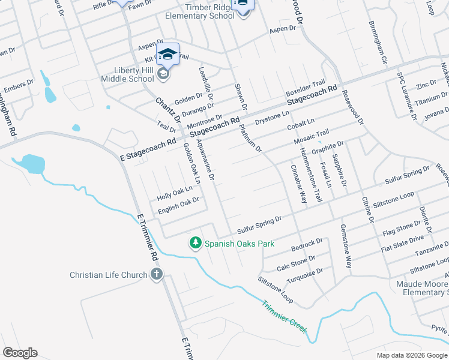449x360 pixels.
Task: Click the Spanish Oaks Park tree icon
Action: pyautogui.click(x=195, y=243)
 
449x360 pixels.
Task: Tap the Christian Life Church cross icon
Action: pyautogui.click(x=156, y=275)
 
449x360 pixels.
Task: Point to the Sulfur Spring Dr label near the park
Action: pyautogui.click(x=259, y=225)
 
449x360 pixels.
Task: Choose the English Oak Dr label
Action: pyautogui.click(x=178, y=206)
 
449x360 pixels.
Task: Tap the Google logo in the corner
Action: pyautogui.click(x=20, y=353)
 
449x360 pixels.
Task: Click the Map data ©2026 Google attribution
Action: pyautogui.click(x=412, y=355)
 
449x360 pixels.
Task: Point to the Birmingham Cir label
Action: pyautogui.click(x=380, y=45)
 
